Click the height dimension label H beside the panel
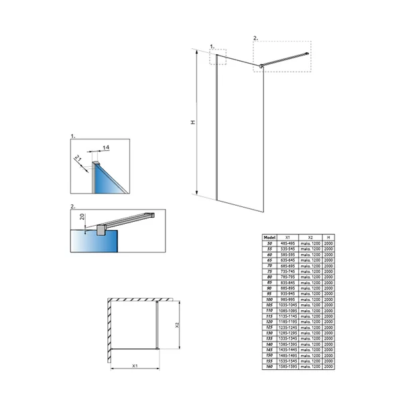point(192,123)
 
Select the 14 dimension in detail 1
point(106,146)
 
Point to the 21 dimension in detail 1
point(80,158)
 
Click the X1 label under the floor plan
point(135,366)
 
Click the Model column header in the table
point(270,237)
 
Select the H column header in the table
point(328,237)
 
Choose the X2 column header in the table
point(310,237)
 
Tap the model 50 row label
point(270,243)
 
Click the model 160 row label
point(270,367)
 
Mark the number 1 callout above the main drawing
point(212,46)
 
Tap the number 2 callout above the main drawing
point(255,38)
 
